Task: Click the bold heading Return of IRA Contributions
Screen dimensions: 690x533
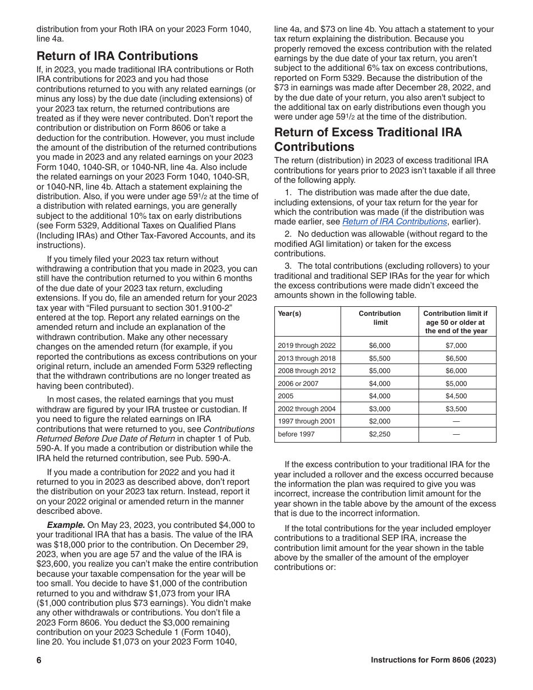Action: tap(117, 56)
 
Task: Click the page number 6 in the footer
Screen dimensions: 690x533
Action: tap(39, 660)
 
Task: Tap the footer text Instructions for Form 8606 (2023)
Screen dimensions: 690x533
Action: tap(433, 660)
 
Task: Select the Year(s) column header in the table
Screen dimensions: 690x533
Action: tap(290, 314)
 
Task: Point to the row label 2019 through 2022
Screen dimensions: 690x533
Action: tap(306, 346)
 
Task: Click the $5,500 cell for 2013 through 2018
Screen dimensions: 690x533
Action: tap(379, 358)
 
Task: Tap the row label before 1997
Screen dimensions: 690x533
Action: tap(296, 434)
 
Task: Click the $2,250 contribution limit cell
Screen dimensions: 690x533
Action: tap(379, 434)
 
